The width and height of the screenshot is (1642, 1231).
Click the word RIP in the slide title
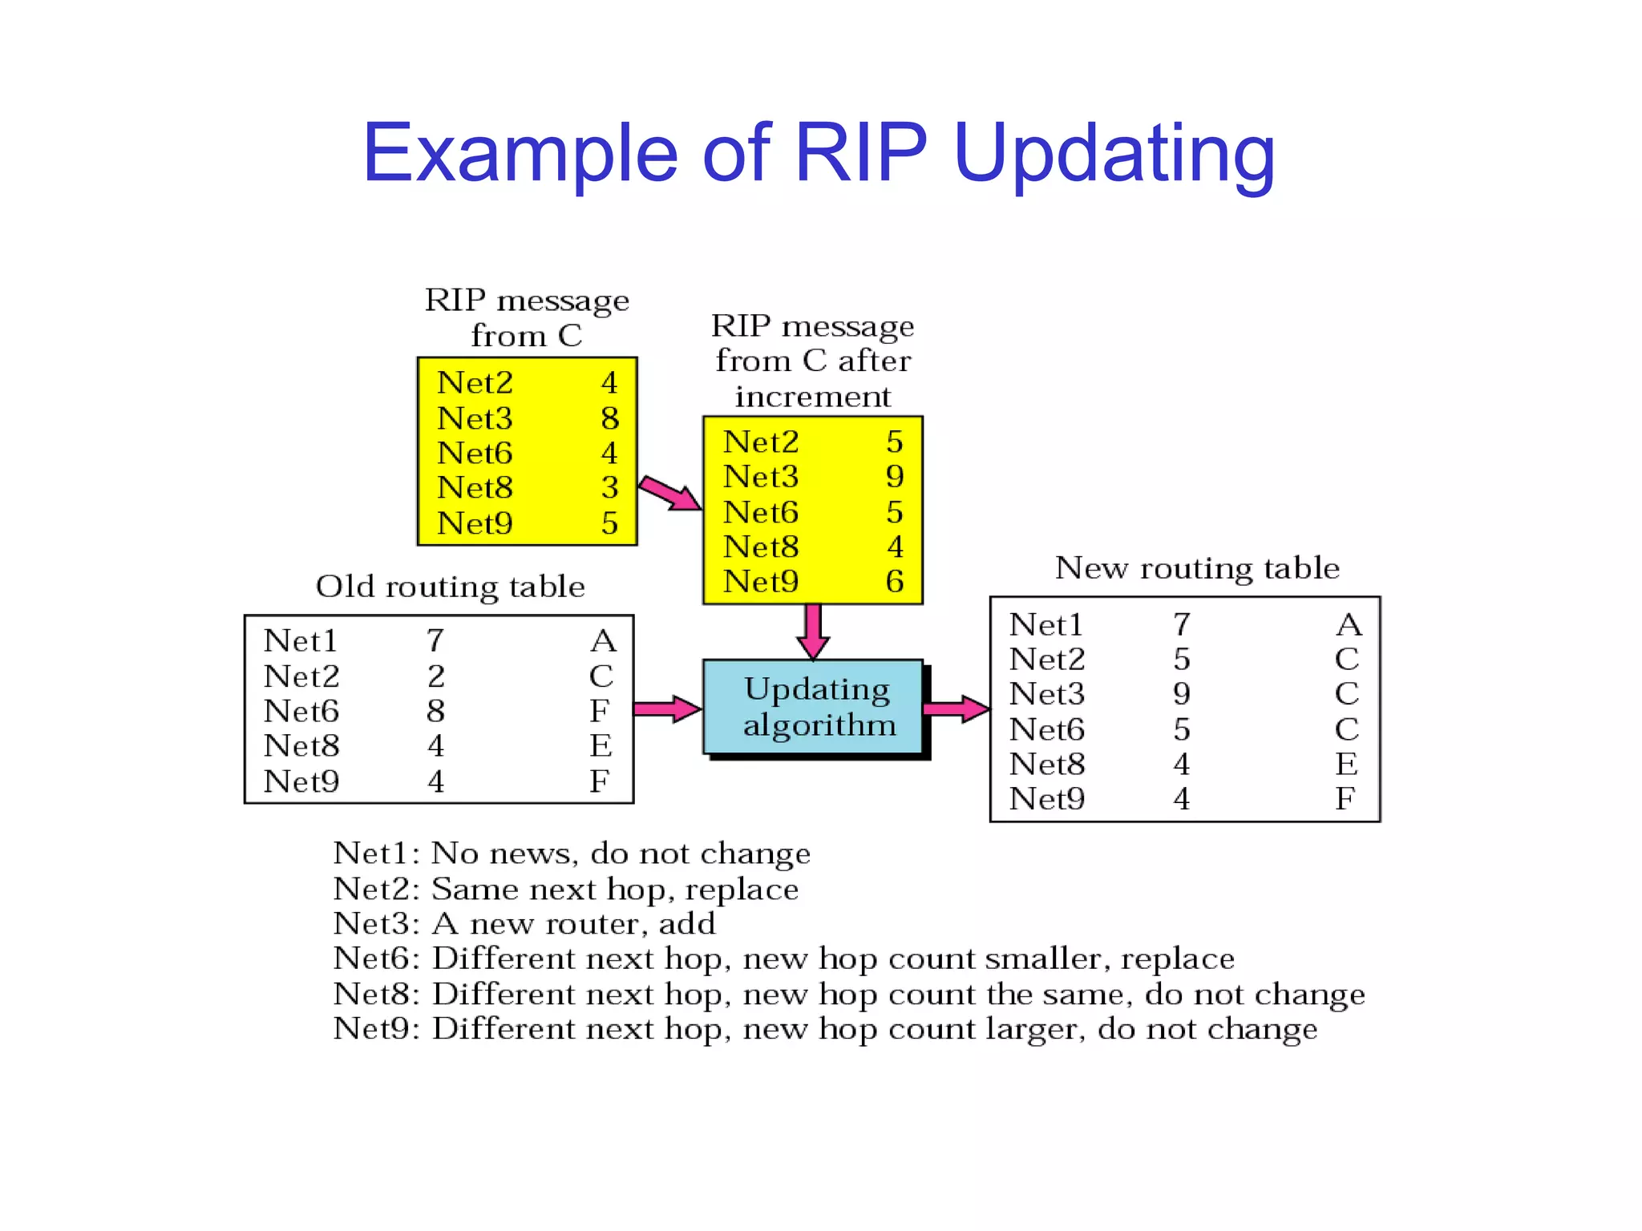859,152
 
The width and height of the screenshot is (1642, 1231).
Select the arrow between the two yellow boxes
670,493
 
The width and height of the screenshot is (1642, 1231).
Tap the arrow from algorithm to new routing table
956,708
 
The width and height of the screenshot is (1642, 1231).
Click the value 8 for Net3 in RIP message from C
609,418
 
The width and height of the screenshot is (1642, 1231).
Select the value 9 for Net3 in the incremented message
895,477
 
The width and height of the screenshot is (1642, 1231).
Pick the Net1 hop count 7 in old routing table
435,640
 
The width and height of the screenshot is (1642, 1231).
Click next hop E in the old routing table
601,746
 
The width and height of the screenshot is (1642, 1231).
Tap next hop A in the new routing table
1349,624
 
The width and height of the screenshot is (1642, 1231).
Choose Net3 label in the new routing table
1046,694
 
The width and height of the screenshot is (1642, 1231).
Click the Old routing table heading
450,587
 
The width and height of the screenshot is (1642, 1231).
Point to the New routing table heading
1196,567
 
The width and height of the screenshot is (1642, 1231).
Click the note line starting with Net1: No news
571,854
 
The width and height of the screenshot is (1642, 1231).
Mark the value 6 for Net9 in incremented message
895,582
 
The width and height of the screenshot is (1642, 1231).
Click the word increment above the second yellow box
812,397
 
